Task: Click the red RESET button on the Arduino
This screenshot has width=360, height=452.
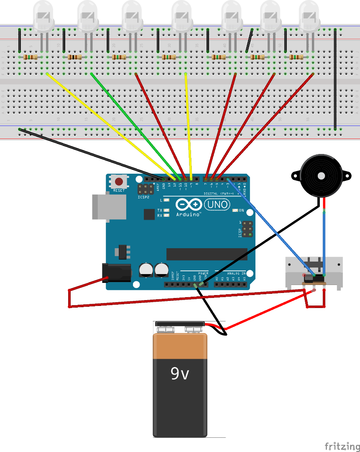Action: point(119,182)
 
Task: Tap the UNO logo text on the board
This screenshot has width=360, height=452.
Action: point(217,204)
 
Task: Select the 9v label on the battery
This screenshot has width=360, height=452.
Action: point(180,373)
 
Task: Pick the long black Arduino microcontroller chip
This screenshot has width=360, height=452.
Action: point(207,254)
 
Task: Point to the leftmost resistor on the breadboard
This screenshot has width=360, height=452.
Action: point(31,57)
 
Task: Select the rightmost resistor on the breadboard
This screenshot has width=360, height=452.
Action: point(296,57)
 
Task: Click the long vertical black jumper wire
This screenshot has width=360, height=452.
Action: point(335,80)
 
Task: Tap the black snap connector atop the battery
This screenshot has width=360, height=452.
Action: point(179,324)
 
